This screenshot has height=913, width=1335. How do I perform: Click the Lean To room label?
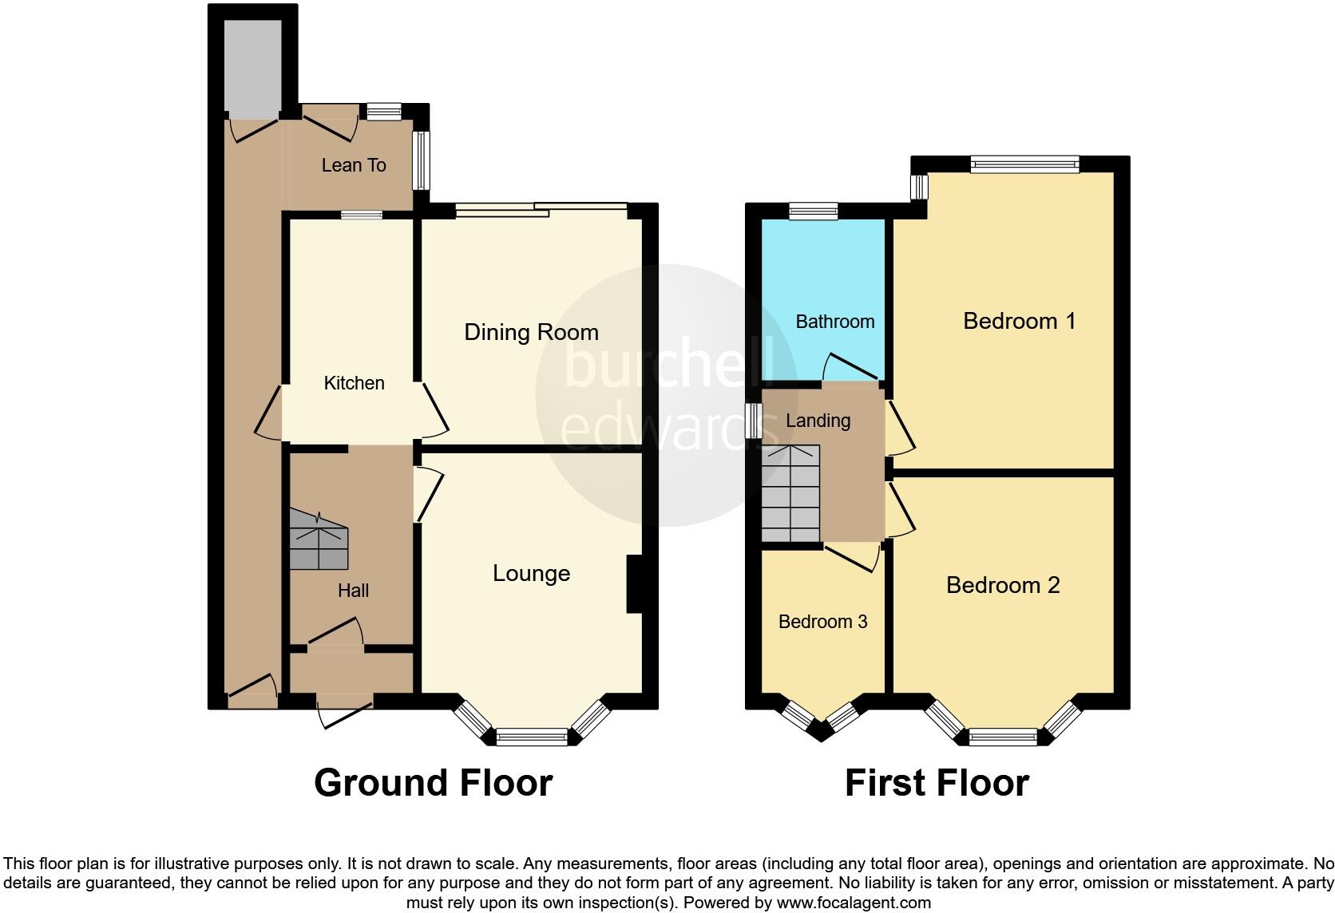[x=354, y=165]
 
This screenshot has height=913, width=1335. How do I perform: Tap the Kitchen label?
[x=354, y=383]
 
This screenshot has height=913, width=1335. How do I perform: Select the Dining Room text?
[x=531, y=332]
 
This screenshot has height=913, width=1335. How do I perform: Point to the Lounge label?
[x=531, y=573]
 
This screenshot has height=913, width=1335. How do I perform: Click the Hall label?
[x=353, y=591]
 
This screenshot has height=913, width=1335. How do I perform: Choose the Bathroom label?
[x=835, y=322]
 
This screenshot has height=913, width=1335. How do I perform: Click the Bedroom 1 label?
[x=1019, y=321]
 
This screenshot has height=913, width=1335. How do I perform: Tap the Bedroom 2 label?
[x=1003, y=585]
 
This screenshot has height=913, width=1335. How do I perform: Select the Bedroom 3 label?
[x=822, y=622]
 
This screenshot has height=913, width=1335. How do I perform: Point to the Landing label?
[x=818, y=421]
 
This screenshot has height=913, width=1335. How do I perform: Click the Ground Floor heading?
[x=433, y=783]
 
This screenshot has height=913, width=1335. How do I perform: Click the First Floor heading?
[x=937, y=783]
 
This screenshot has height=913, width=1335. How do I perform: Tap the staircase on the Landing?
[x=790, y=493]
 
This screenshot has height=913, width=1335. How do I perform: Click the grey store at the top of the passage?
[x=252, y=67]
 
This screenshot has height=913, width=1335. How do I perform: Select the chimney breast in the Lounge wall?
[x=635, y=584]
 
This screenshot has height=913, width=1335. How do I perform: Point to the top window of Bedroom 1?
[x=1024, y=164]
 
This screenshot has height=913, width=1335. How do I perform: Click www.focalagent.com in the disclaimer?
[x=854, y=903]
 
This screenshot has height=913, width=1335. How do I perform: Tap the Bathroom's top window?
[x=813, y=211]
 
